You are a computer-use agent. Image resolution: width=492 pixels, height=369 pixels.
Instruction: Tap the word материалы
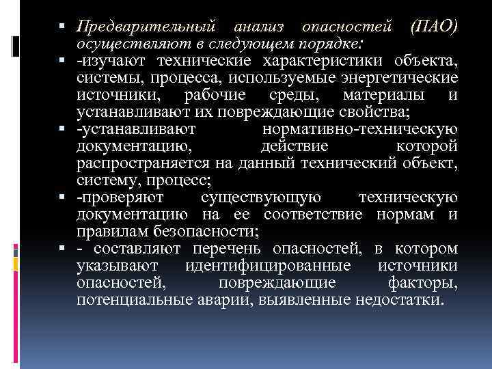384,94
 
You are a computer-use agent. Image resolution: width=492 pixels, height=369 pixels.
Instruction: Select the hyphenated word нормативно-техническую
359,128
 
